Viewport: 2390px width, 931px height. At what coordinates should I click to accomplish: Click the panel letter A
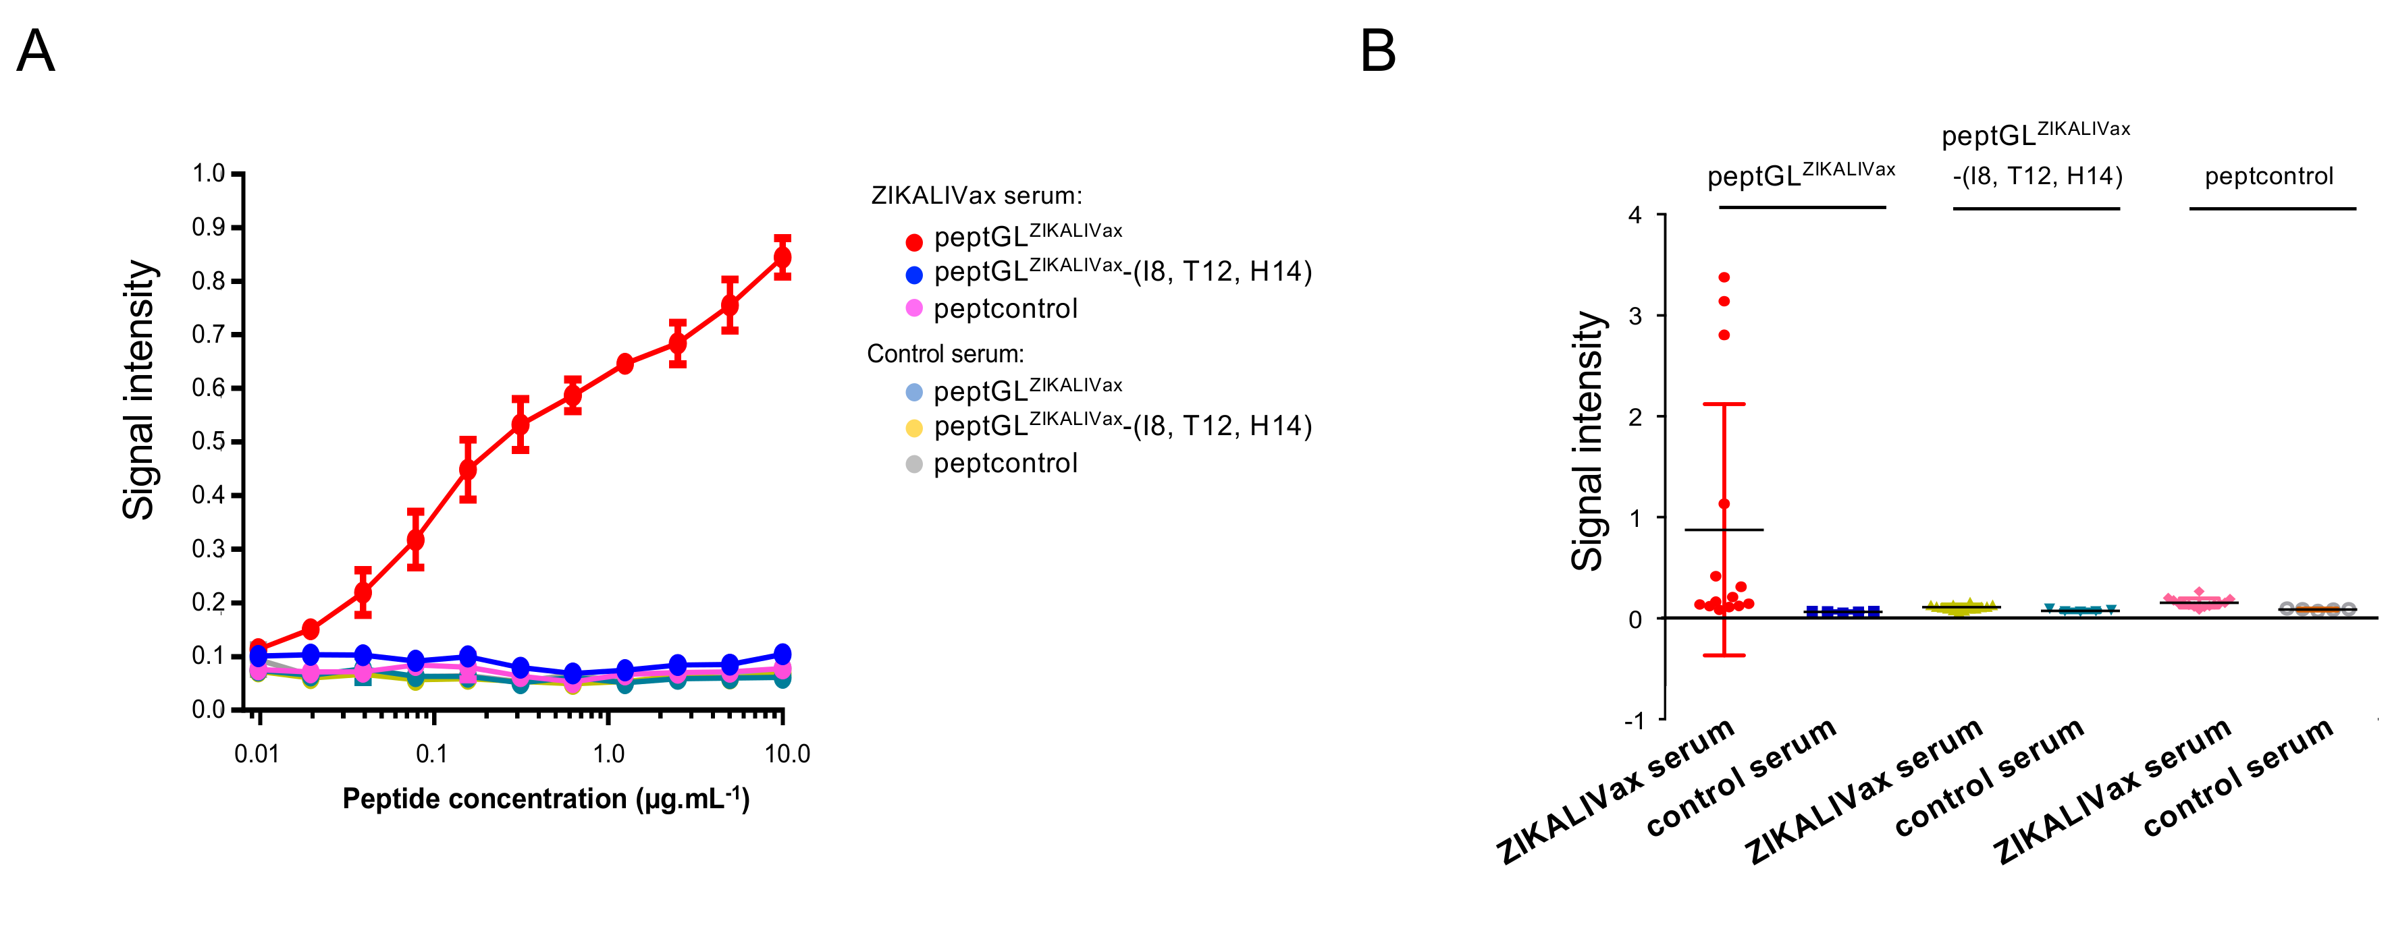pos(36,51)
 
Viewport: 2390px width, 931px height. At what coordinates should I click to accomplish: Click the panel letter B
pos(1378,51)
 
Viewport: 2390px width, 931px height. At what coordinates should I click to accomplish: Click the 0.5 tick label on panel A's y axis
pos(209,441)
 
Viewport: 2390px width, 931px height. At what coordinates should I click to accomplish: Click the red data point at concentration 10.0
pos(782,257)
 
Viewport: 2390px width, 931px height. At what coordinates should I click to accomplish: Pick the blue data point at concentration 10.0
pos(782,654)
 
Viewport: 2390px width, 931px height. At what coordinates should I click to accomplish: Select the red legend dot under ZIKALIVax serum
pos(914,242)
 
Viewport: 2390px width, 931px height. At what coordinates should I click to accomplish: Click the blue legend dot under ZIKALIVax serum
pos(914,275)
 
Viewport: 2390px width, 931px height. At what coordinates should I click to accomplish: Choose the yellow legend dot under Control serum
pos(914,428)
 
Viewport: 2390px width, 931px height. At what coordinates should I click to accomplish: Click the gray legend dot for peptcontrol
pos(914,463)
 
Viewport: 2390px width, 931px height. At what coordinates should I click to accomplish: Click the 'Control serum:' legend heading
pos(945,354)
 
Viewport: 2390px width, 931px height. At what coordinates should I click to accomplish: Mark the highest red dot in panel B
pos(1724,277)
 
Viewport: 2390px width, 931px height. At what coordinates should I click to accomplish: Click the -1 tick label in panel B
pos(1634,721)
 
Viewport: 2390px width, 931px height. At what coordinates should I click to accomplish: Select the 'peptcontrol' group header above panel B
pos(2268,176)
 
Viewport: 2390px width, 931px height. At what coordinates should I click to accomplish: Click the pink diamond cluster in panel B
pos(2198,601)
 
